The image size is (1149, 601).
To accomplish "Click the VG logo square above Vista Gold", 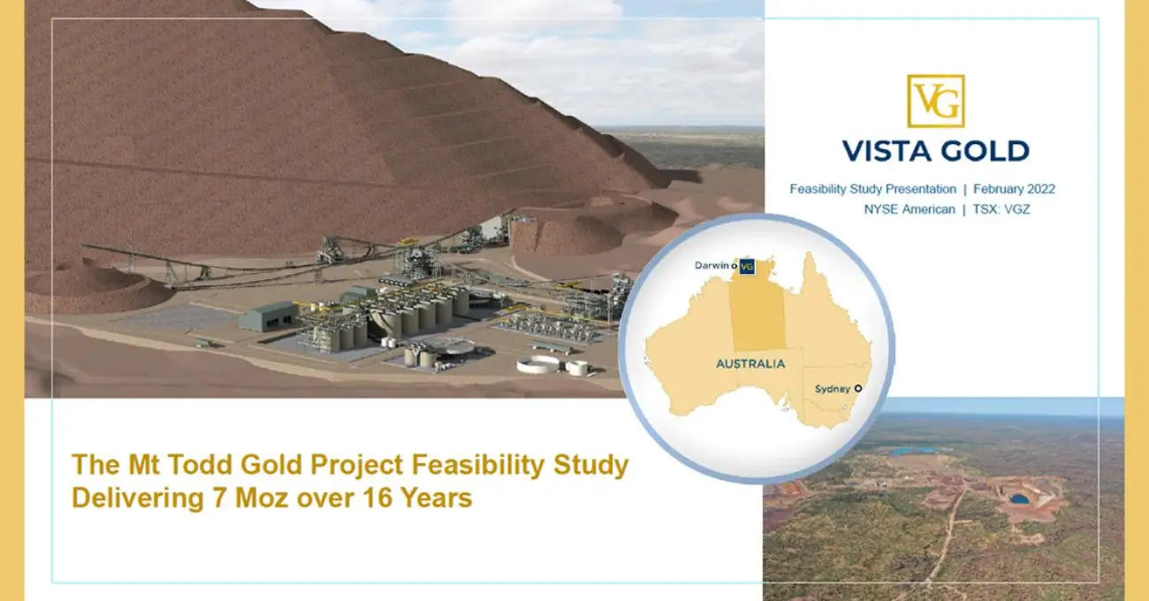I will pyautogui.click(x=935, y=101).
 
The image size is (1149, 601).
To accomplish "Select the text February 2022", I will pyautogui.click(x=1014, y=189).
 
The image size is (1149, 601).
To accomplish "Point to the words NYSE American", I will pyautogui.click(x=909, y=209).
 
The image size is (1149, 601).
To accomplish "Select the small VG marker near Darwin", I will pyautogui.click(x=747, y=265).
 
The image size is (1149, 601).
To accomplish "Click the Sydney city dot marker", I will pyautogui.click(x=857, y=388).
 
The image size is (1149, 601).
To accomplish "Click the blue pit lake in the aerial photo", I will pyautogui.click(x=1019, y=499).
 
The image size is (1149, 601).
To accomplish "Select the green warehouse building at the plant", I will pyautogui.click(x=268, y=316).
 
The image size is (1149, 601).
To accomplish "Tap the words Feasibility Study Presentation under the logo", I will pyautogui.click(x=872, y=189).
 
